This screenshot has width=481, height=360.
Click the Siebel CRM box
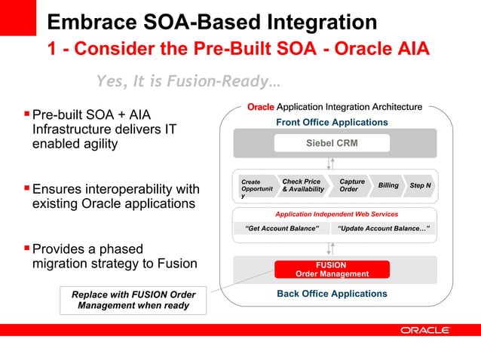pos(332,143)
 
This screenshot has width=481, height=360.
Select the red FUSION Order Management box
pos(332,270)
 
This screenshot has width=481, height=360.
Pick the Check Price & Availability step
pos(302,185)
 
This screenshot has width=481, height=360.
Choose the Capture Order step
pos(352,185)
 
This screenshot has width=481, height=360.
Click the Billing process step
pos(388,185)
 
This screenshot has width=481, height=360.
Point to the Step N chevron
pos(420,185)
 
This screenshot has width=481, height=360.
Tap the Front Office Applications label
pos(332,122)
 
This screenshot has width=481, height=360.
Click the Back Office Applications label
pos(332,294)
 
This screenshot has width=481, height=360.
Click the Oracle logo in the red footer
pos(425,330)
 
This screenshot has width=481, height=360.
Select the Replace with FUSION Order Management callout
pos(133,300)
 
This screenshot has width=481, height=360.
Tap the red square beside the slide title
pos(18,17)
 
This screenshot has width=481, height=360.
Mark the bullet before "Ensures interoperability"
pos(27,188)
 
